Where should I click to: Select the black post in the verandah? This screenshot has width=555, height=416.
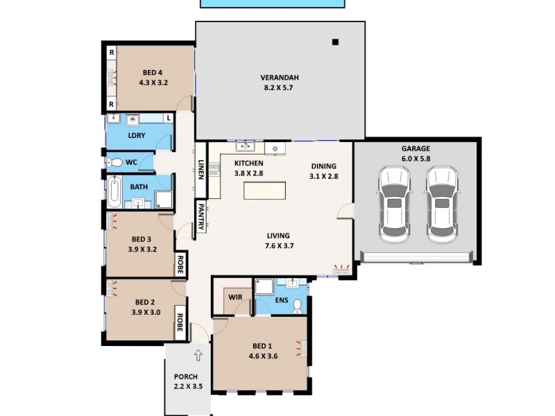[335, 42]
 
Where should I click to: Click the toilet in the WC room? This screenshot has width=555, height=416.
[116, 162]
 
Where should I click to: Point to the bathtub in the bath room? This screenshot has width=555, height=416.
[114, 189]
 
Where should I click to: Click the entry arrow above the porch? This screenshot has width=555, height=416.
[198, 356]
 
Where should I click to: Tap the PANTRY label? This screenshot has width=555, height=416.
[200, 217]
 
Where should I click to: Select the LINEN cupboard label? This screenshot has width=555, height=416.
[201, 170]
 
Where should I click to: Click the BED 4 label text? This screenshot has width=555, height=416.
[153, 72]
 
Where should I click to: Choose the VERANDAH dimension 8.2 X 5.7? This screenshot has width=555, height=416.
[279, 88]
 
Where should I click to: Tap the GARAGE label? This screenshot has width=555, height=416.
[416, 148]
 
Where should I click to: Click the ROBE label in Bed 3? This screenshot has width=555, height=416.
[179, 264]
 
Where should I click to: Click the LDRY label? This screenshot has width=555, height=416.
[137, 135]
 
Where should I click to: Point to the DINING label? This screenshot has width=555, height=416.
[323, 166]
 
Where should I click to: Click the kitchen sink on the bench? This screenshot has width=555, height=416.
[244, 146]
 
